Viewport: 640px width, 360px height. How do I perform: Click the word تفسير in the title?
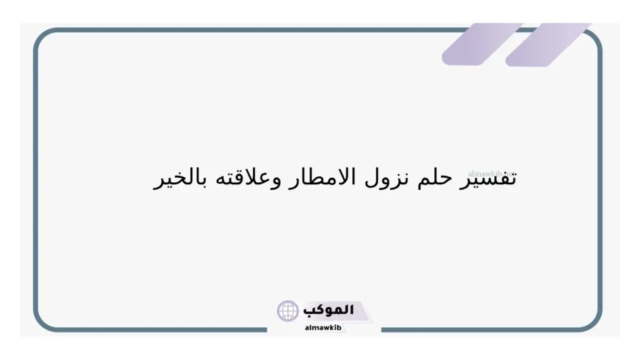pos(492,178)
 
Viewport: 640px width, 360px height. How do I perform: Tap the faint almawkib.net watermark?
pos(491,170)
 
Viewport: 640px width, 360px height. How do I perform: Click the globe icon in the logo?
pos(288,311)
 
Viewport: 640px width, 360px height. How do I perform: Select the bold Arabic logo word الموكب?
pos(329,309)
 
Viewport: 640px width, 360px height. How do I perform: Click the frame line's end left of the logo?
pos(266,329)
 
